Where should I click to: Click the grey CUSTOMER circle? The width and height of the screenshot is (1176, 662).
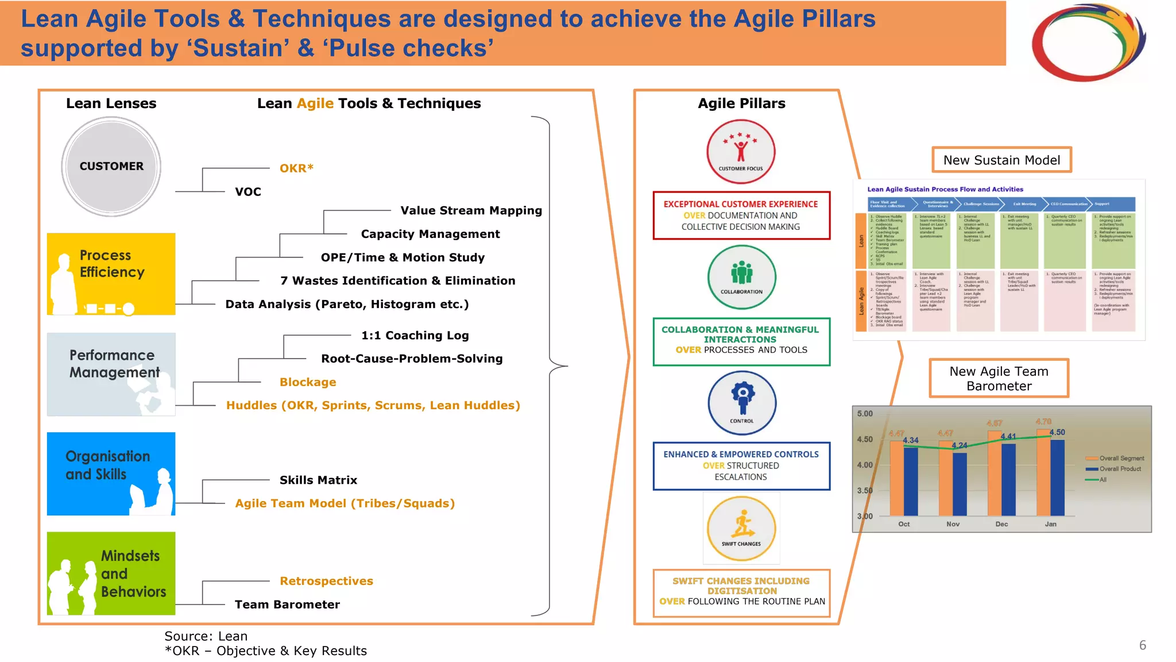(111, 167)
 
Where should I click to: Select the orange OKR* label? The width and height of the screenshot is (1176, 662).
(296, 168)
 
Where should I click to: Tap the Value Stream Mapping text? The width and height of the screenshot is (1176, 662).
(471, 210)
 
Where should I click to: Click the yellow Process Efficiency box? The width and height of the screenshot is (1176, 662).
(111, 274)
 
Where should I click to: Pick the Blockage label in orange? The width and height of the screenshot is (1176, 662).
(308, 382)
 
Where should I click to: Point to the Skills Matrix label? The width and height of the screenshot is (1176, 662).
(318, 480)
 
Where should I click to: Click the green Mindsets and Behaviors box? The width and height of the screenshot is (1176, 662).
(111, 573)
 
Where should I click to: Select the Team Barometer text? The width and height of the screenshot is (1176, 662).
(287, 605)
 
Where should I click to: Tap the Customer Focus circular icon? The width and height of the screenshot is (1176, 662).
(741, 152)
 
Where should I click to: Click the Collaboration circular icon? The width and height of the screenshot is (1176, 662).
(741, 277)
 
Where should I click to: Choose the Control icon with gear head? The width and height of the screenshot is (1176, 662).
(742, 402)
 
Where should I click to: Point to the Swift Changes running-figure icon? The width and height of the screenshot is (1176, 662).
(741, 528)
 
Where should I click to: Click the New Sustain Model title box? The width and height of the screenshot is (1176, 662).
(1001, 160)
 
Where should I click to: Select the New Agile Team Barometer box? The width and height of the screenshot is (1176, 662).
(999, 378)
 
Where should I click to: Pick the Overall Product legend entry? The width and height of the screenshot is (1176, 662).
(1120, 469)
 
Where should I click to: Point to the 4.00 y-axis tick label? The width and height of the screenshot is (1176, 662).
(865, 465)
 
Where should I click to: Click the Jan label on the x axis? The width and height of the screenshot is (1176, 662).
(1050, 524)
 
